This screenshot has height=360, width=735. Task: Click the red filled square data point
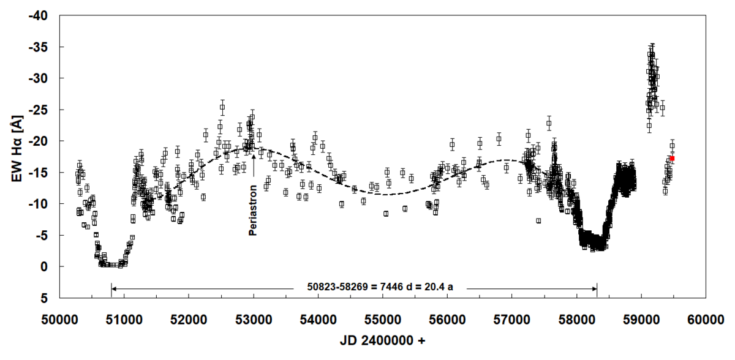coord(672,159)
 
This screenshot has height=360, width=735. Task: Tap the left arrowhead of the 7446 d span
coord(113,287)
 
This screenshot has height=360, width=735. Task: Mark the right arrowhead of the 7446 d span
coord(595,287)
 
